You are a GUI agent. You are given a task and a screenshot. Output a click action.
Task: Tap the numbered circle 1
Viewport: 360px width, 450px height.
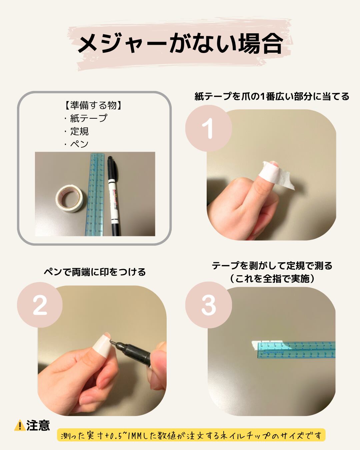pos(208,128)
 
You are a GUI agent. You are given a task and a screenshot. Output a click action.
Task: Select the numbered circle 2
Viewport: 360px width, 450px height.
pos(40,305)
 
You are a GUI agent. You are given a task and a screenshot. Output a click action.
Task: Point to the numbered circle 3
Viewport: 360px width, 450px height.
pos(208,305)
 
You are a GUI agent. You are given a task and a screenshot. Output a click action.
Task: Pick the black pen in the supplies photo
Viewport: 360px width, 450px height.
pos(113,196)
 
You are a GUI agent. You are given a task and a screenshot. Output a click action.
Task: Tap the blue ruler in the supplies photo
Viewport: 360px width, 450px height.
pos(95,194)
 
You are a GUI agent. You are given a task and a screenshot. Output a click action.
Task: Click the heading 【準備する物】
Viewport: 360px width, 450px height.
pos(93,105)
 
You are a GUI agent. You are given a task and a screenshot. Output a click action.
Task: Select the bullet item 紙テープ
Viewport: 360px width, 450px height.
pos(88,118)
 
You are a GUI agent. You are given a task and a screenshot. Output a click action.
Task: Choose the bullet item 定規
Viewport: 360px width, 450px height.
pos(79,131)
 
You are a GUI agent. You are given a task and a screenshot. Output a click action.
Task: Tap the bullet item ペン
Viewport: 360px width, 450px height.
pos(79,144)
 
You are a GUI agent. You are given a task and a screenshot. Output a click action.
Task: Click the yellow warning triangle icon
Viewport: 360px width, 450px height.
pos(20,425)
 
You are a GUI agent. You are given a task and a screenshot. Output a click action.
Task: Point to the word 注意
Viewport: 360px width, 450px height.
pos(38,425)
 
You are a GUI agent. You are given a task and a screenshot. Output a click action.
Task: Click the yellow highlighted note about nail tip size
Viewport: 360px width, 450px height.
pos(191,436)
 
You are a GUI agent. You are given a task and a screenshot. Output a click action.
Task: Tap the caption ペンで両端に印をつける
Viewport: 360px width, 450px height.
pos(95,272)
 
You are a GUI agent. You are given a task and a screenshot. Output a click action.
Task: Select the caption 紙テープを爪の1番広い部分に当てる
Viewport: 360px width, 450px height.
pos(272,96)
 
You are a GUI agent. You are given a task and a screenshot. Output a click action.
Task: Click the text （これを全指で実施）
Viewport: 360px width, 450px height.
pos(272,279)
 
